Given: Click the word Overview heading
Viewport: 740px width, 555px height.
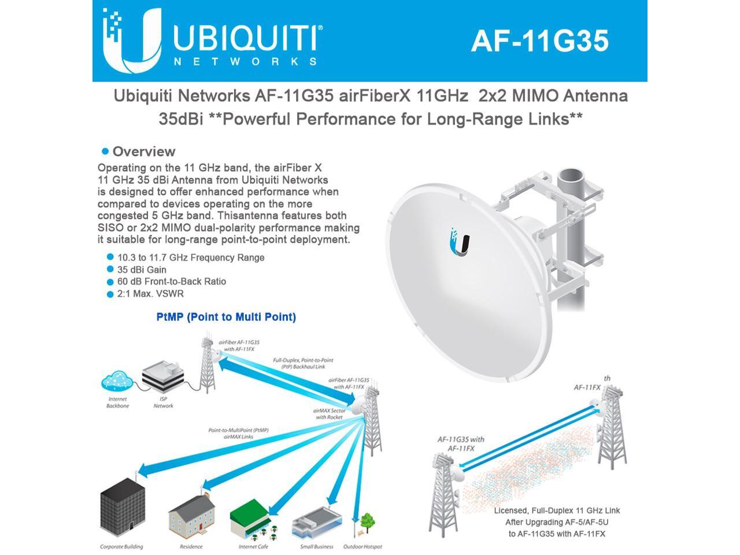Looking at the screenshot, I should coord(143,151).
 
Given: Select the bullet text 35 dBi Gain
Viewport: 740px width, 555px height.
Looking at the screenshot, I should coord(142,269).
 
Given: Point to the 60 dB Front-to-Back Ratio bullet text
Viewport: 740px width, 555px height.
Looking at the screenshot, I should coord(171,282).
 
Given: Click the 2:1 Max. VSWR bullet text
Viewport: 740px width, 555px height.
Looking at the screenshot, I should coord(150,294).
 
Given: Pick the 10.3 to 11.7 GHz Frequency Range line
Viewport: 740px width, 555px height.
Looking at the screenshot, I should coord(191,257).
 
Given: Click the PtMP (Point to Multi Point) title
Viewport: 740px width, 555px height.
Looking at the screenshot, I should coord(226,317).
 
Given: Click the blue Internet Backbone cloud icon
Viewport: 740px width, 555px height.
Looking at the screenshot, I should coord(117,382).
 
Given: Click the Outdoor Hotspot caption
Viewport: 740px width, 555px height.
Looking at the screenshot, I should coord(362,546).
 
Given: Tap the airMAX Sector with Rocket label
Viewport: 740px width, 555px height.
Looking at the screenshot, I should coord(330,413).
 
